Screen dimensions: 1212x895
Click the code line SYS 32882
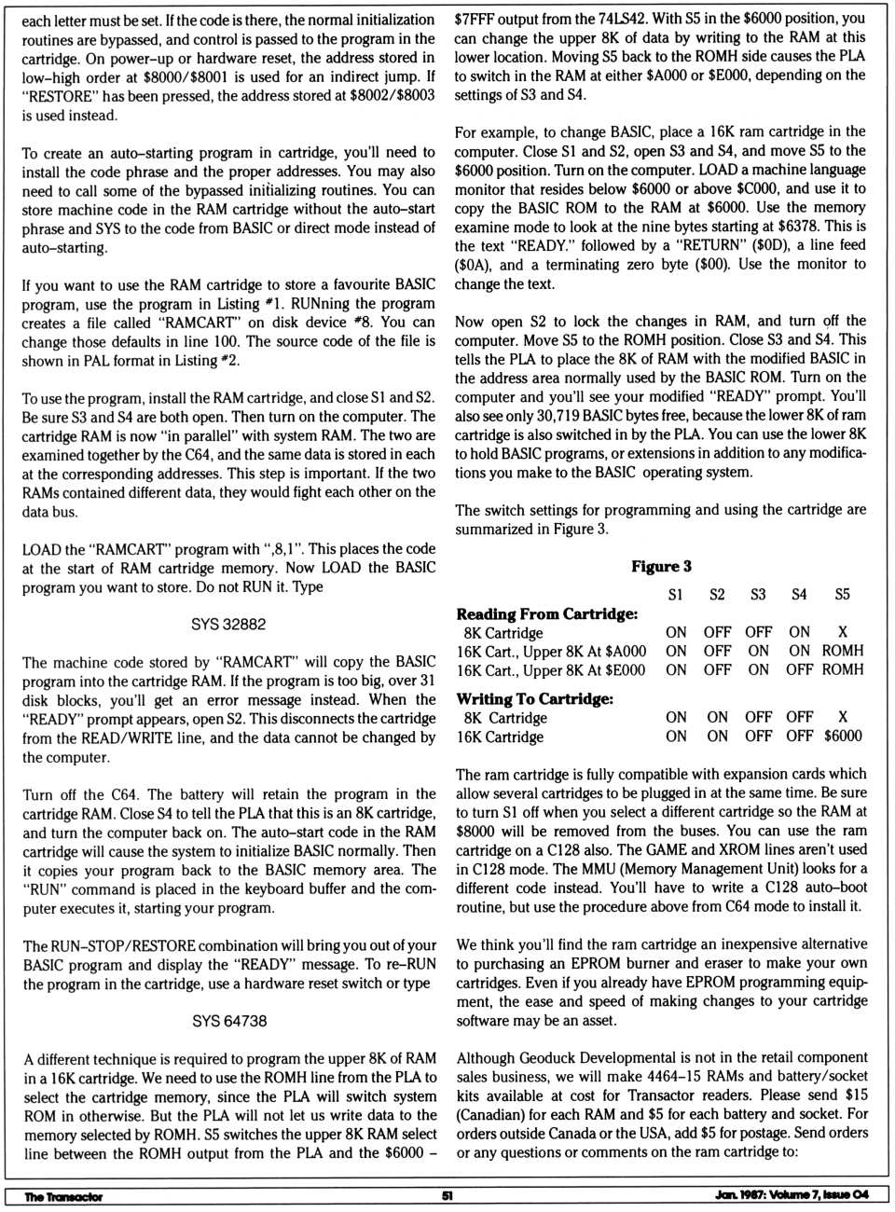pyautogui.click(x=228, y=624)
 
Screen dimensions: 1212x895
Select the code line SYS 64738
pyautogui.click(x=229, y=1021)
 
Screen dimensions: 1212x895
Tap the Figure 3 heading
pyautogui.click(x=661, y=566)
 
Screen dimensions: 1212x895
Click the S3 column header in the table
pyautogui.click(x=758, y=594)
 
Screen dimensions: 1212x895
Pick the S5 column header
pyautogui.click(x=842, y=594)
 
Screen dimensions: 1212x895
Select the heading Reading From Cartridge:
pyautogui.click(x=547, y=613)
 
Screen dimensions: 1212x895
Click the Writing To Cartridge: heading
pyautogui.click(x=534, y=698)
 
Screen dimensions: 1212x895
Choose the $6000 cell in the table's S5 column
pyautogui.click(x=843, y=736)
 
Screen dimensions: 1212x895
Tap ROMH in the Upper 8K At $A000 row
pyautogui.click(x=843, y=651)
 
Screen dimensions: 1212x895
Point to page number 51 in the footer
pyautogui.click(x=447, y=1196)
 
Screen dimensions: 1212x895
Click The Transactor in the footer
pyautogui.click(x=63, y=1196)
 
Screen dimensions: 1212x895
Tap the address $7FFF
pyautogui.click(x=475, y=18)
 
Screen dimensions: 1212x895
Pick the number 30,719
pyautogui.click(x=553, y=415)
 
